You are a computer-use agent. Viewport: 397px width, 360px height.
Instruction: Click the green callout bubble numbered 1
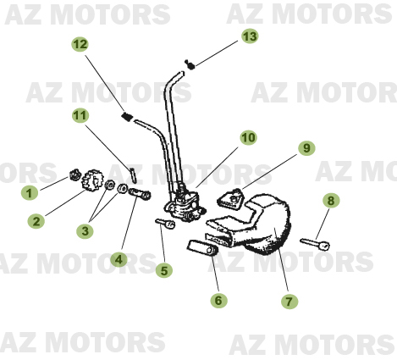click(30, 192)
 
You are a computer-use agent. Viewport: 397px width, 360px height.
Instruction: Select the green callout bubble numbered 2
click(36, 222)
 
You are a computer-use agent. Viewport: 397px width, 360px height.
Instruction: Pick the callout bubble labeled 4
click(120, 259)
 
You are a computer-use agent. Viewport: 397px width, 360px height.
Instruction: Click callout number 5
click(164, 271)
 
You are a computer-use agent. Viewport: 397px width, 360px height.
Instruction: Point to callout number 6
click(219, 299)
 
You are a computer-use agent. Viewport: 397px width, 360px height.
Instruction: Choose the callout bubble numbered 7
click(289, 301)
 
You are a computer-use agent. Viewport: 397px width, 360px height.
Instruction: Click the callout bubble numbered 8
click(331, 201)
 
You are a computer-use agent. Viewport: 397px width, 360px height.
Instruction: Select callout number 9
click(305, 148)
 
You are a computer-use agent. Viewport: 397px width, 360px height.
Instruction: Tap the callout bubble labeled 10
click(247, 136)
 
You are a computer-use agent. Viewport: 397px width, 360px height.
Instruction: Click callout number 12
click(80, 44)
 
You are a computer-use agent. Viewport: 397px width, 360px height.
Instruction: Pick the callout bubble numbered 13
click(249, 36)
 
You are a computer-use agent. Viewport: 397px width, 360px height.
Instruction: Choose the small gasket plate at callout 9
click(230, 199)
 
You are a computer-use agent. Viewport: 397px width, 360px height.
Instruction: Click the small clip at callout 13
click(191, 64)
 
